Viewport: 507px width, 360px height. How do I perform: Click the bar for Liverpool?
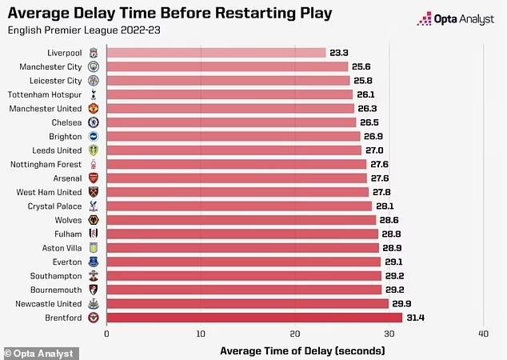pyautogui.click(x=216, y=53)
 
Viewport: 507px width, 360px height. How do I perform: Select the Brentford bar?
pyautogui.click(x=254, y=318)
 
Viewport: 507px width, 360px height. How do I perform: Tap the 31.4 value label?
pyautogui.click(x=416, y=318)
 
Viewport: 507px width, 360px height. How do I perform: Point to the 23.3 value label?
pyautogui.click(x=340, y=53)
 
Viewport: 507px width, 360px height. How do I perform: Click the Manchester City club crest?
pyautogui.click(x=94, y=66)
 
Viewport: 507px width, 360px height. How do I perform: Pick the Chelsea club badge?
pyautogui.click(x=94, y=122)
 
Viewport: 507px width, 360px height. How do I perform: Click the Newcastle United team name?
pyautogui.click(x=48, y=303)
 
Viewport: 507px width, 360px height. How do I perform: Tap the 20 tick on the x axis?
pyautogui.click(x=295, y=334)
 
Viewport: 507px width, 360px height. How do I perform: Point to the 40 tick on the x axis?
pyautogui.click(x=483, y=334)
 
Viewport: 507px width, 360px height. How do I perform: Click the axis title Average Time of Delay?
pyautogui.click(x=301, y=350)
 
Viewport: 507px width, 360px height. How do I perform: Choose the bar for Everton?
pyautogui.click(x=243, y=262)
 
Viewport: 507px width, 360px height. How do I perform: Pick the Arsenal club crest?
pyautogui.click(x=94, y=178)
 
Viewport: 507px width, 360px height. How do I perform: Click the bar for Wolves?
pyautogui.click(x=241, y=220)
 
